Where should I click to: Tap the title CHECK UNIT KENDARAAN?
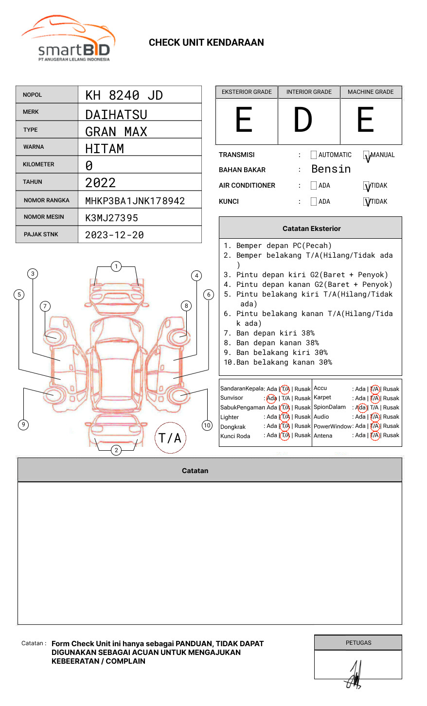pos(206,43)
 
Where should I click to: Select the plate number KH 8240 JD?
pos(124,95)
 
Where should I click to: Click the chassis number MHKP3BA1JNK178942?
pos(135,201)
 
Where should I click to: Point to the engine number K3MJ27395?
pos(111,218)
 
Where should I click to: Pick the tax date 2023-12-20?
pos(114,235)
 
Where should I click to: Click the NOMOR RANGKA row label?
pos(47,200)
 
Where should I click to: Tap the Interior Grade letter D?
pos(302,121)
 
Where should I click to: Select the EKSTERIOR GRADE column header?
pos(247,92)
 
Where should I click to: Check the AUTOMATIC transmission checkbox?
pos(314,155)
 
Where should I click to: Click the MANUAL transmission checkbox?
pos(366,156)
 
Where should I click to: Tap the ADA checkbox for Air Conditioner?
pos(314,186)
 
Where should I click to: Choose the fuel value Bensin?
pos(331,169)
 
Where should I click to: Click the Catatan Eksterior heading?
pos(311,229)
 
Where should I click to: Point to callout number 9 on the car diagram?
pos(23,424)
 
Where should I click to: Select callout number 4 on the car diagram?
pos(196,276)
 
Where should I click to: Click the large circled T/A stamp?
pos(170,438)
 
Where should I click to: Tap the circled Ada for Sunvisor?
pos(271,398)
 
